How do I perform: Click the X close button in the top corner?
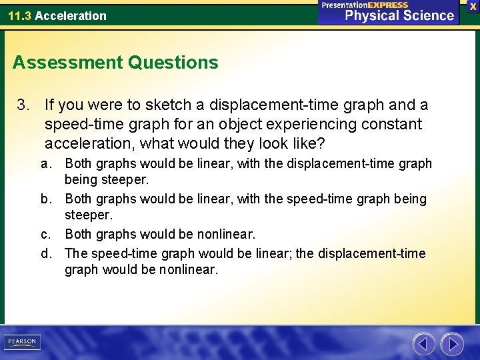tap(473, 6)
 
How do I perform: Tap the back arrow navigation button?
tap(423, 344)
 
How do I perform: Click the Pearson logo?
tap(21, 342)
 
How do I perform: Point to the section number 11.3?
tap(19, 15)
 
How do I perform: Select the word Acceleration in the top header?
tap(71, 15)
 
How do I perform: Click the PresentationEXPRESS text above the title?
tap(365, 5)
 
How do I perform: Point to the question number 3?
tap(23, 105)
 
